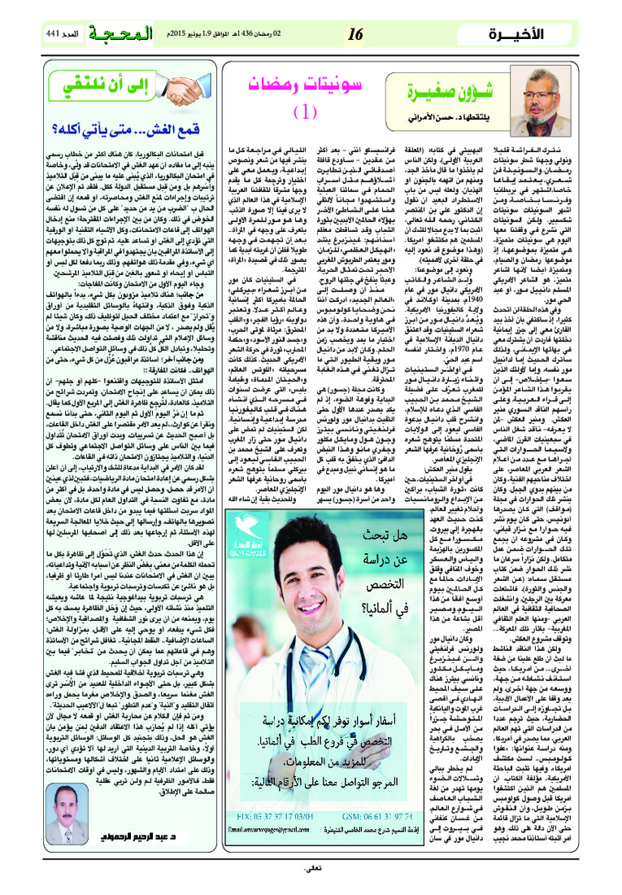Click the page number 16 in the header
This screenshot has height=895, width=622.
point(356,34)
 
